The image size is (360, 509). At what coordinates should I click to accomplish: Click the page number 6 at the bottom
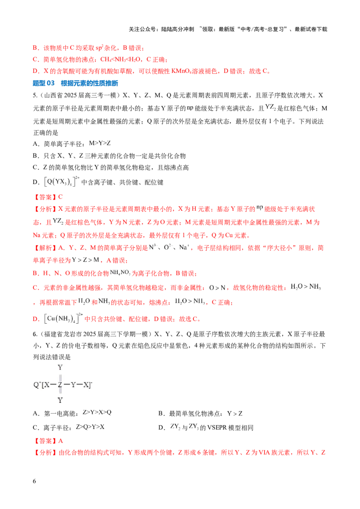point(35,481)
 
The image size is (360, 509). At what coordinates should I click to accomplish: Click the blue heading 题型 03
point(44,83)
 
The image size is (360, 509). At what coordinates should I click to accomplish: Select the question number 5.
point(35,95)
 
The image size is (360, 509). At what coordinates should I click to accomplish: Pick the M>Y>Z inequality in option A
point(100,143)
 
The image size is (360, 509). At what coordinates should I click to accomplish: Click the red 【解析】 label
point(45,248)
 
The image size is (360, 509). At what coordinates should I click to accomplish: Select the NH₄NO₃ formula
point(120,272)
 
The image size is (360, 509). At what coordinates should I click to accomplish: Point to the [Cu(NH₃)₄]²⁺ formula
point(63,318)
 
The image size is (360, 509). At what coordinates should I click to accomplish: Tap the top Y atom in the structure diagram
point(60,367)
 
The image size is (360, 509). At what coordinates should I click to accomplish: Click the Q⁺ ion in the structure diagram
point(37,384)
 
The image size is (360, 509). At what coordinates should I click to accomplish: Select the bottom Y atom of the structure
point(60,400)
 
